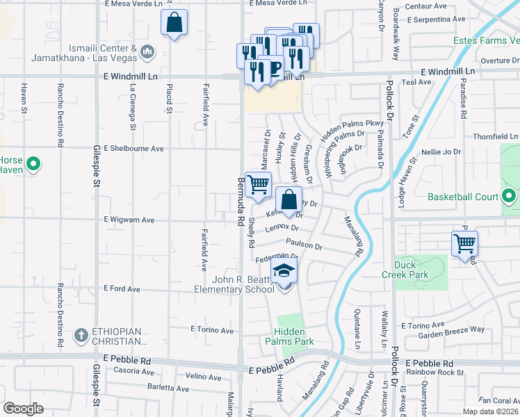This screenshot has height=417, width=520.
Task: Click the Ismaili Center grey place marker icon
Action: coord(147,52)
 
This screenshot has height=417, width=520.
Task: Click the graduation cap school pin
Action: coord(284,271)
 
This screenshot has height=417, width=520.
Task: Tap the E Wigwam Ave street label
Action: coord(129,220)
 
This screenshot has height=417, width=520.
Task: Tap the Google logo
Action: coord(23,408)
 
